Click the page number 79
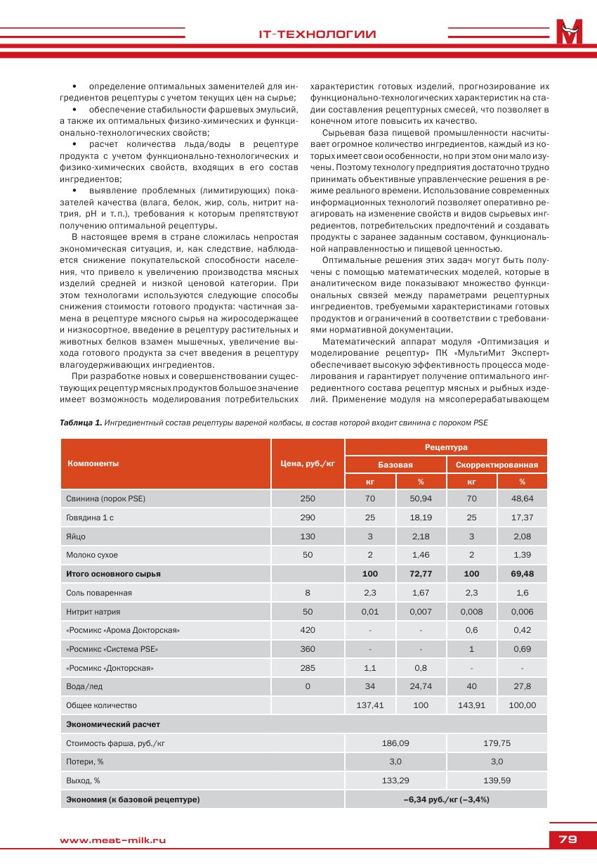[568, 839]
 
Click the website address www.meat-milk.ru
[113, 840]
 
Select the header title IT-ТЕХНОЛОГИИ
[316, 34]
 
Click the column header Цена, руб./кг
[308, 463]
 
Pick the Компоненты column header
[93, 463]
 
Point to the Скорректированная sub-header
[497, 464]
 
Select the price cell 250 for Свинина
[308, 498]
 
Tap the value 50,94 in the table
[421, 498]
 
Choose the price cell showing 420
[308, 630]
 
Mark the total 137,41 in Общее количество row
[370, 705]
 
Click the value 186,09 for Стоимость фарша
[395, 743]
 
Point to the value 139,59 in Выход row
[497, 781]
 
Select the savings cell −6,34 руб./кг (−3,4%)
[446, 799]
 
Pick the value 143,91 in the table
[471, 705]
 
